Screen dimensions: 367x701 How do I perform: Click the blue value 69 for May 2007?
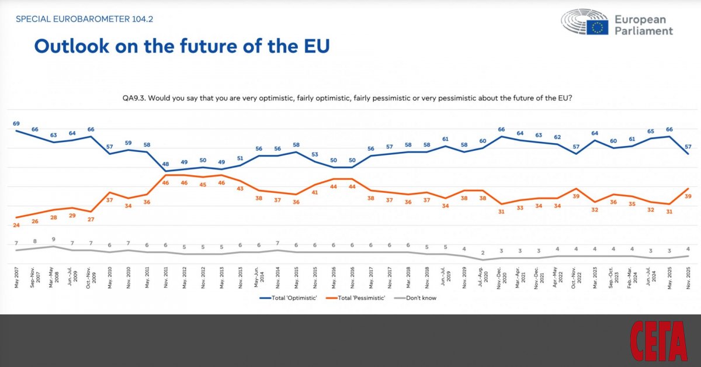tap(16, 123)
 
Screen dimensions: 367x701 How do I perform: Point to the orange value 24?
tap(16, 225)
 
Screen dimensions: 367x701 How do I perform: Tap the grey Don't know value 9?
tap(54, 239)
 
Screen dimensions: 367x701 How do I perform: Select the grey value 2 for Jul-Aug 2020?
tap(483, 252)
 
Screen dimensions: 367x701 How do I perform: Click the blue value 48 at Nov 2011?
tap(165, 164)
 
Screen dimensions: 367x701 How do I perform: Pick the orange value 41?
tap(315, 192)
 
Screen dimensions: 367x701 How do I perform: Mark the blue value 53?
tap(315, 154)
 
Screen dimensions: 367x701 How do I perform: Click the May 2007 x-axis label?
tap(16, 277)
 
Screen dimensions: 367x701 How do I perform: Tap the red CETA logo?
tap(658, 341)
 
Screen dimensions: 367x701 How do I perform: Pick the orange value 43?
tap(241, 189)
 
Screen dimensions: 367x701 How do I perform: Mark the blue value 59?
tap(129, 143)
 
